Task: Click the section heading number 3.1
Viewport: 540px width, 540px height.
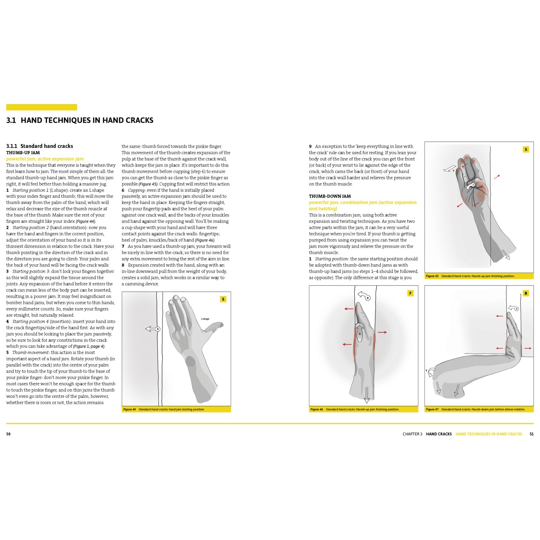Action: [11, 121]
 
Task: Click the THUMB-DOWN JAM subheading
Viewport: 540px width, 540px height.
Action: [330, 196]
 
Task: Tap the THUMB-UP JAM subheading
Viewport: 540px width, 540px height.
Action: [23, 153]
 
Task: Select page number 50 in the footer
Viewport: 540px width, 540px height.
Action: [8, 434]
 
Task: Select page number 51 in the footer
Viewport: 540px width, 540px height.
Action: [531, 434]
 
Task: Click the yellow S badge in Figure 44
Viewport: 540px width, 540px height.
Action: [223, 299]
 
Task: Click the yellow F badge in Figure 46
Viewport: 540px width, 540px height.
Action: [410, 293]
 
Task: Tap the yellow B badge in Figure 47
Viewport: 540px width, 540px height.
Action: [526, 293]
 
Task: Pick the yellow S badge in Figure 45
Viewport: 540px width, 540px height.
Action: [526, 149]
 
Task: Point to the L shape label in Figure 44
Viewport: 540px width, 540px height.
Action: [205, 319]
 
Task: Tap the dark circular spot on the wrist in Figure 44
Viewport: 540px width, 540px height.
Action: [190, 361]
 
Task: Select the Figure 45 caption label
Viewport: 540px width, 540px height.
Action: [432, 276]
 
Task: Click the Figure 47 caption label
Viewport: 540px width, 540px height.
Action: [432, 409]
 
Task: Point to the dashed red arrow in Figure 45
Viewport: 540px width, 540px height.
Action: [497, 177]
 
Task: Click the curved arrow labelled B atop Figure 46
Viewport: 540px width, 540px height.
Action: [364, 296]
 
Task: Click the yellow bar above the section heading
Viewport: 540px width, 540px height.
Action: [42, 107]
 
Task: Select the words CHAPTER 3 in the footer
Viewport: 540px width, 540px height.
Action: [412, 434]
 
